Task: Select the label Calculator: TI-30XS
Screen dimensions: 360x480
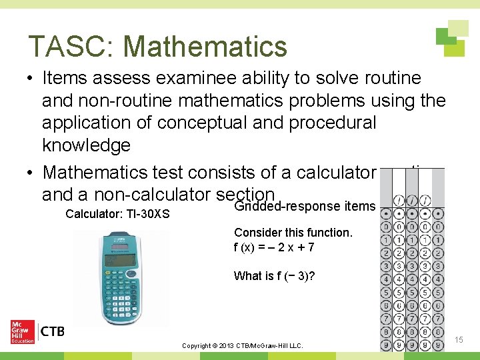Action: (117, 215)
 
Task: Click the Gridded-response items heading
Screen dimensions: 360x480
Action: (305, 206)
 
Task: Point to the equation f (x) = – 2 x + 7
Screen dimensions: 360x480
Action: (274, 247)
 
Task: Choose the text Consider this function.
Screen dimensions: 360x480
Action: (293, 233)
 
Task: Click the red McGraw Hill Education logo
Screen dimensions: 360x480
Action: (23, 331)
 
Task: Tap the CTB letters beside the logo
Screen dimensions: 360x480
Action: (53, 331)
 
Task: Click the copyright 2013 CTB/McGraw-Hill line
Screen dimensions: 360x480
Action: (242, 346)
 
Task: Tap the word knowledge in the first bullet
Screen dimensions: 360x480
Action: (86, 145)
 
